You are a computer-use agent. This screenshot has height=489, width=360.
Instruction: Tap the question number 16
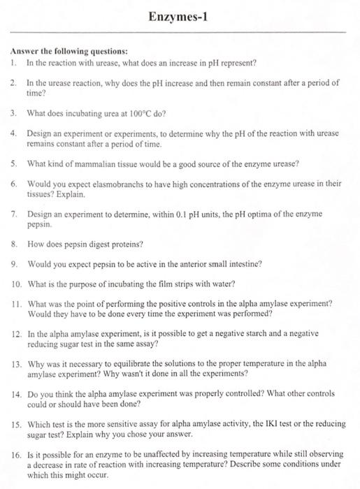pyautogui.click(x=16, y=454)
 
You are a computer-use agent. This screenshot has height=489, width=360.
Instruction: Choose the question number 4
pyautogui.click(x=14, y=133)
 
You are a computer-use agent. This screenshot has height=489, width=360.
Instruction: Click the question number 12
pyautogui.click(x=16, y=335)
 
